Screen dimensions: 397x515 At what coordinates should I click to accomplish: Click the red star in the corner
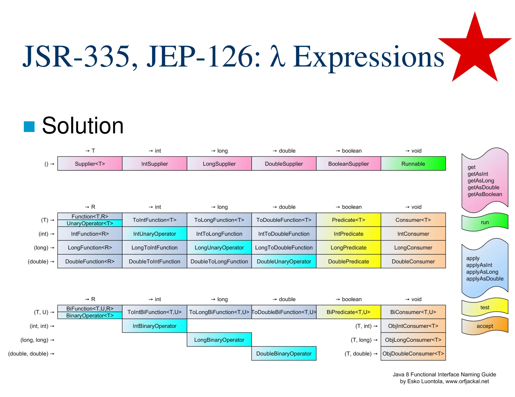(x=475, y=50)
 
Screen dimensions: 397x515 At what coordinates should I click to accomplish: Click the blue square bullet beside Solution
(x=29, y=126)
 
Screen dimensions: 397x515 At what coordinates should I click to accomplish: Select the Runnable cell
(x=413, y=164)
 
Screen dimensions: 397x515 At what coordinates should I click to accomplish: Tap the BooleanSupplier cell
(x=348, y=164)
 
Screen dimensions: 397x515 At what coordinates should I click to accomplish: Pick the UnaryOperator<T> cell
(x=90, y=223)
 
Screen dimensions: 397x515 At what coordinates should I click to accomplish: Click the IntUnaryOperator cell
(x=154, y=234)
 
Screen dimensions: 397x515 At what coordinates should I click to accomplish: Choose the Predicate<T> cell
(x=348, y=220)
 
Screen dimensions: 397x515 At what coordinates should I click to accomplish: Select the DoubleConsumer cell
(x=413, y=261)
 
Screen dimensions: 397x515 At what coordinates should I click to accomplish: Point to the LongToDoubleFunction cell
(x=284, y=247)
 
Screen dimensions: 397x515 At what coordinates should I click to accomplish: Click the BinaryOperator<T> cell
(x=90, y=315)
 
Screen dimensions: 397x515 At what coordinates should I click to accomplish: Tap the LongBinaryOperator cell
(x=219, y=340)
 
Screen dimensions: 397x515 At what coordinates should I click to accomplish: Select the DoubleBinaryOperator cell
(x=284, y=353)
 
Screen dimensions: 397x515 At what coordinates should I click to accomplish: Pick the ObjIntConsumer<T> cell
(x=413, y=326)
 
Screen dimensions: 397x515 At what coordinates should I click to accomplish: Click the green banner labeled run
(x=485, y=222)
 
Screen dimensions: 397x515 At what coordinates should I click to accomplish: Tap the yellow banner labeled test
(x=485, y=307)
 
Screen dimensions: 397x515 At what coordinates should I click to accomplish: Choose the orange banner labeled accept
(x=485, y=326)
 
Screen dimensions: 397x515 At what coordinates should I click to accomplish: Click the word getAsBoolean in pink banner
(x=485, y=194)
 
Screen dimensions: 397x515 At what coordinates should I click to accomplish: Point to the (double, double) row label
(x=28, y=354)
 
